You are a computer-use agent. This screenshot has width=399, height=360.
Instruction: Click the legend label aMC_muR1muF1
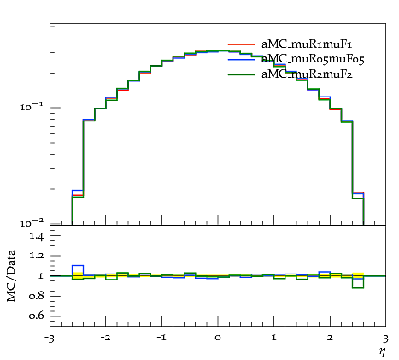pyautogui.click(x=307, y=44)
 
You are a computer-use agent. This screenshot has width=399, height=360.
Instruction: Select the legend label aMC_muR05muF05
pyautogui.click(x=313, y=59)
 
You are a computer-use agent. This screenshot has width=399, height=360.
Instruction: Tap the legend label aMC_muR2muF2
pyautogui.click(x=307, y=74)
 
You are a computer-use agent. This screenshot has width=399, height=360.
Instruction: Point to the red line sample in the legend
pyautogui.click(x=241, y=44)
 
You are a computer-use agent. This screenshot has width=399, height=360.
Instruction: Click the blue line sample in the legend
pyautogui.click(x=241, y=59)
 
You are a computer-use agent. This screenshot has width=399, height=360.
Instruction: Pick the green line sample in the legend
pyautogui.click(x=241, y=74)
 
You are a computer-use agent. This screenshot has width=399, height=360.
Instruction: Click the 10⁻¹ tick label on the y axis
pyautogui.click(x=32, y=107)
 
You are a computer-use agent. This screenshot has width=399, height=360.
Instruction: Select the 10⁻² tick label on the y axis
pyautogui.click(x=32, y=222)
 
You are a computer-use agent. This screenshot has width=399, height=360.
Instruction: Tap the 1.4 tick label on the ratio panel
pyautogui.click(x=37, y=236)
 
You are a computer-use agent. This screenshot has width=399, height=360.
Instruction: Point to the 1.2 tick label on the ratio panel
pyautogui.click(x=37, y=255)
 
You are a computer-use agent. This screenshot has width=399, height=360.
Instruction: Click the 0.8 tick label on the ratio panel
pyautogui.click(x=36, y=296)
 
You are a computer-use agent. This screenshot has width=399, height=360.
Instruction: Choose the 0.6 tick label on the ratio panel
pyautogui.click(x=36, y=316)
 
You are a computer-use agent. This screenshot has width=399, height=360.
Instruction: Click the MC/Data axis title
pyautogui.click(x=11, y=275)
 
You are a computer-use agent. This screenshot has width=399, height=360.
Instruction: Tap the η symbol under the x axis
pyautogui.click(x=382, y=351)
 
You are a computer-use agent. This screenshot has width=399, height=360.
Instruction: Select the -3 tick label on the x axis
pyautogui.click(x=50, y=339)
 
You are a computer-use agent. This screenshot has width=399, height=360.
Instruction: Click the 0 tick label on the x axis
pyautogui.click(x=218, y=338)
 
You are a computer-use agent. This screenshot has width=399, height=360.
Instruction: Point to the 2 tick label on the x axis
pyautogui.click(x=330, y=338)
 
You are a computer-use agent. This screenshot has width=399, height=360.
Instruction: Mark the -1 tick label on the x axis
pyautogui.click(x=161, y=338)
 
